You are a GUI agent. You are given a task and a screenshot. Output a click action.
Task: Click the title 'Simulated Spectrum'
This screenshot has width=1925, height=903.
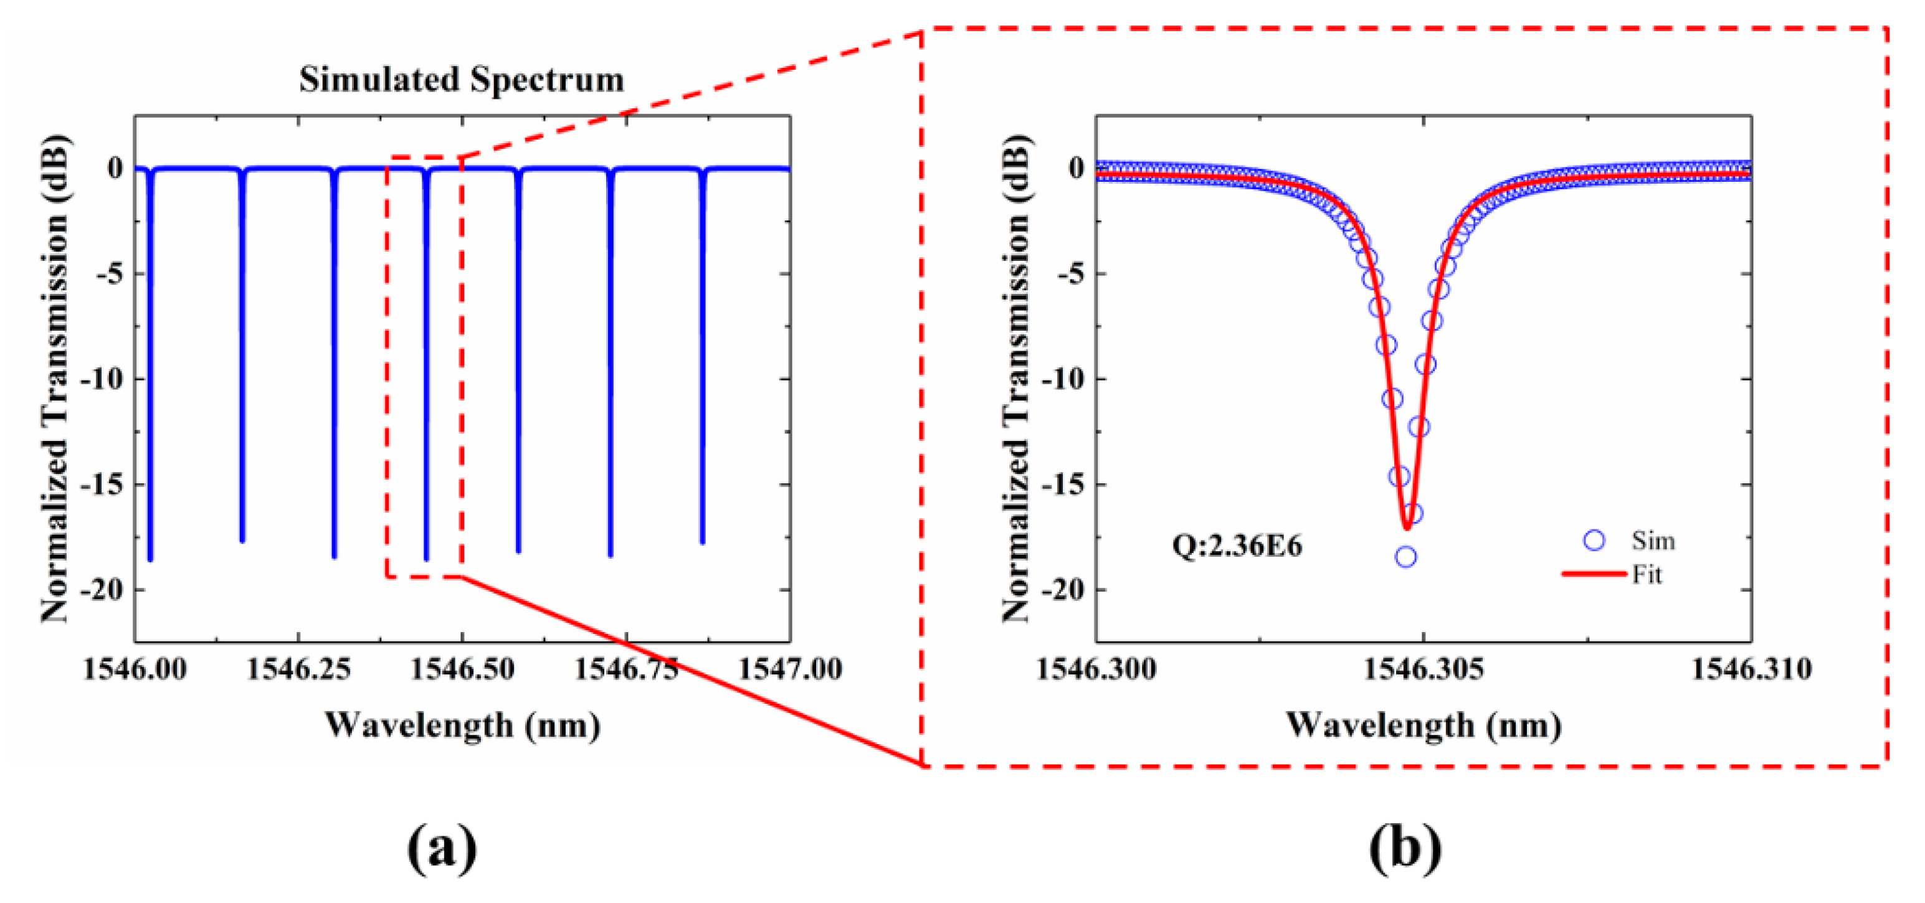[x=461, y=79]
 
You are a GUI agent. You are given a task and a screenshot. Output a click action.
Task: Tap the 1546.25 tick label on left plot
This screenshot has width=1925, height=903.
[x=298, y=668]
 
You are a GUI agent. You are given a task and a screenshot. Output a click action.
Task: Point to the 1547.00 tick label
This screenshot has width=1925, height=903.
[x=790, y=668]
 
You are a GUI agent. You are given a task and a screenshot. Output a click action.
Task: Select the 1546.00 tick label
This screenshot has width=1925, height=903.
[x=135, y=668]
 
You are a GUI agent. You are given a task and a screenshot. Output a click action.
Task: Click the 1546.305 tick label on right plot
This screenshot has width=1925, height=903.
[x=1424, y=668]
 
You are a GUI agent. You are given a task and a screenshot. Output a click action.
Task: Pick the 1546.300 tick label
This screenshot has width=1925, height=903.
[x=1096, y=668]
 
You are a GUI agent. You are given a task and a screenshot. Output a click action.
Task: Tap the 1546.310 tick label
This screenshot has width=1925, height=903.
[x=1751, y=668]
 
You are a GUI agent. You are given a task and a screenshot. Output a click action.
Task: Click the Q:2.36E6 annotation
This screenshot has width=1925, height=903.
[x=1236, y=546]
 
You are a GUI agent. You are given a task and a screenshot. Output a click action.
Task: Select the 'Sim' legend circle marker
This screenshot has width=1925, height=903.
[x=1594, y=540]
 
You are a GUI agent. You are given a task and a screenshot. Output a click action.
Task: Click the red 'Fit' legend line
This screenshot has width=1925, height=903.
[x=1594, y=574]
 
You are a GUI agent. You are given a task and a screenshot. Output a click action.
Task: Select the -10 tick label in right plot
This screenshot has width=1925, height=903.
[x=1063, y=379]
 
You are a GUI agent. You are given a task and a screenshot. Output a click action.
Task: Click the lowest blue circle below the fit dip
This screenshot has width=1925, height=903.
[x=1405, y=557]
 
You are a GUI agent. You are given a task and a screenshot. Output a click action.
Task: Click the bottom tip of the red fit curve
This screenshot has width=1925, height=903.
[x=1407, y=527]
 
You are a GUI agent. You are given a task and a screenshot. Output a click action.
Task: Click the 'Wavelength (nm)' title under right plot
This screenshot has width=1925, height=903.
[x=1423, y=726]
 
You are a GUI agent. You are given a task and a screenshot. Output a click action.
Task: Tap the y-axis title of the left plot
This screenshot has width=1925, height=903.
[x=55, y=378]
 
